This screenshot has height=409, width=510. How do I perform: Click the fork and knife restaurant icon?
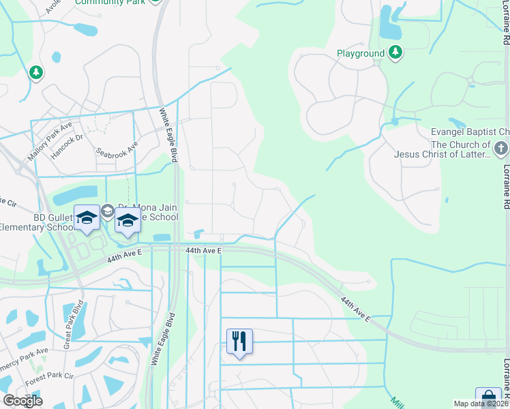239,341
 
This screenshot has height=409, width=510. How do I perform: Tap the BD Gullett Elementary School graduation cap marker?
87,217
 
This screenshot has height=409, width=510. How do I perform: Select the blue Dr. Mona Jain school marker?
127,220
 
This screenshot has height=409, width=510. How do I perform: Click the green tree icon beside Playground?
395,52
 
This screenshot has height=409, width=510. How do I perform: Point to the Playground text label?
361,53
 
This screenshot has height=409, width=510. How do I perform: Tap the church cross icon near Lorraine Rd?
501,149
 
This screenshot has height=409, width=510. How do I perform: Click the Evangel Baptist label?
470,132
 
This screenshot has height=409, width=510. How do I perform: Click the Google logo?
22,401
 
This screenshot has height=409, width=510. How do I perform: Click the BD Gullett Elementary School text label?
34,222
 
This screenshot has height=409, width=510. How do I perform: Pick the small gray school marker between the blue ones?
108,212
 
